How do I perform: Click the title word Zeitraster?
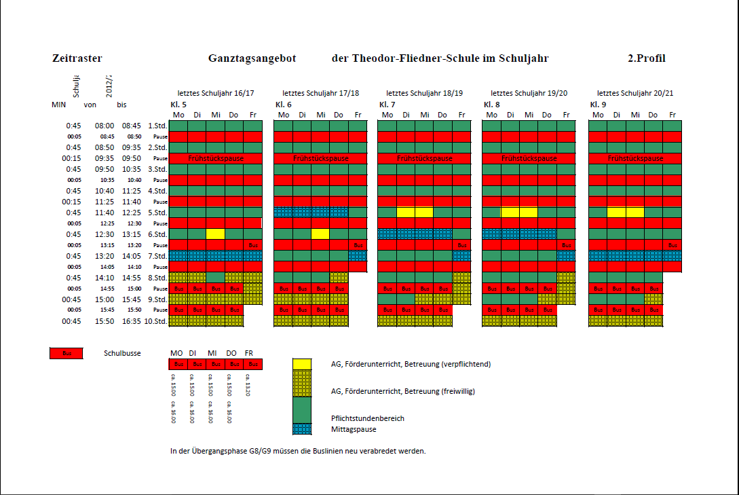point(77,58)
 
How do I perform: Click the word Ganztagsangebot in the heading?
point(252,58)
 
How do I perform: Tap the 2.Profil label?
point(647,58)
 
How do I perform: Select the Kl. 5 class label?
point(178,105)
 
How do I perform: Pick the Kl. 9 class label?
point(598,105)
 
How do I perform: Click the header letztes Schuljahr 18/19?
point(425,93)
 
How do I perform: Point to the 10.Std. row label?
point(157,321)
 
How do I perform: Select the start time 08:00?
point(105,126)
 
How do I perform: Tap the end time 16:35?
point(132,321)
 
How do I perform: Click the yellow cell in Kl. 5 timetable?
point(215,234)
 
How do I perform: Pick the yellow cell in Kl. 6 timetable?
point(320,234)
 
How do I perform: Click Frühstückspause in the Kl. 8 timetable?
point(529,158)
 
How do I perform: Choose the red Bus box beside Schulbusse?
point(66,354)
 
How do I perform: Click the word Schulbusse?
point(122,354)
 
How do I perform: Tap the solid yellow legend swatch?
point(301,364)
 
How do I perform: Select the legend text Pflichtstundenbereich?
point(367,418)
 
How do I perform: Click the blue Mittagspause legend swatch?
point(301,429)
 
